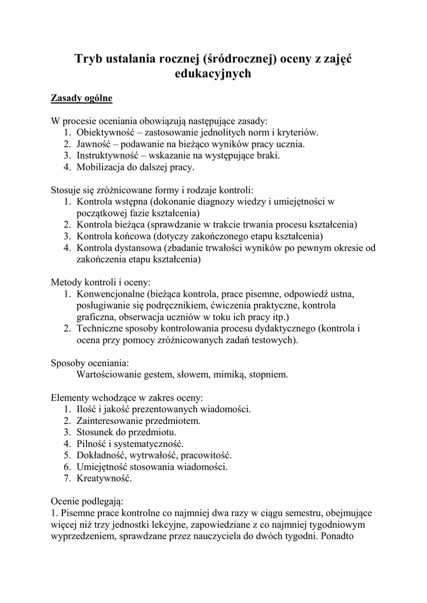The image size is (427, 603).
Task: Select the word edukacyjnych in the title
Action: coord(213,74)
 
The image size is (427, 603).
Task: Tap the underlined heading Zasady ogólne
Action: coord(81,97)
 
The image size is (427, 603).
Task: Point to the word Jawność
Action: coord(94,144)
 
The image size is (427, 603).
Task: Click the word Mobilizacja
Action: coord(101,167)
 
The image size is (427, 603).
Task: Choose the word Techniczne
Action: coord(100,328)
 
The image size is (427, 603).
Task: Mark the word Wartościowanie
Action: coord(110,374)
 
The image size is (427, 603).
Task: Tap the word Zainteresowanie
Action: coord(110,420)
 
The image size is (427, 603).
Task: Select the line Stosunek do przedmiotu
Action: coord(122,432)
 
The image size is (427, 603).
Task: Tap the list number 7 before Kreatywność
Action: coord(67,478)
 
